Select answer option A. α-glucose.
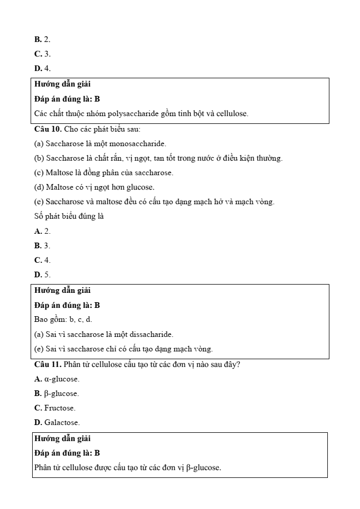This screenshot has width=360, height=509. point(57,379)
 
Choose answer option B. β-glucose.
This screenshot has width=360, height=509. point(57,393)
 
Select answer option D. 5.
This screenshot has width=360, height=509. point(43,274)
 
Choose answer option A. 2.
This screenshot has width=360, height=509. point(43,231)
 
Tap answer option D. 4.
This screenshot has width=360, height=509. point(43,68)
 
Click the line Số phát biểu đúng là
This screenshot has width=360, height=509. point(69,216)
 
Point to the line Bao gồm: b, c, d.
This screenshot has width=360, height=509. point(63,320)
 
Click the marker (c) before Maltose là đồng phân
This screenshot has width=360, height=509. point(39,173)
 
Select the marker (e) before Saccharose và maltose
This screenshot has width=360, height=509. point(39,202)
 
